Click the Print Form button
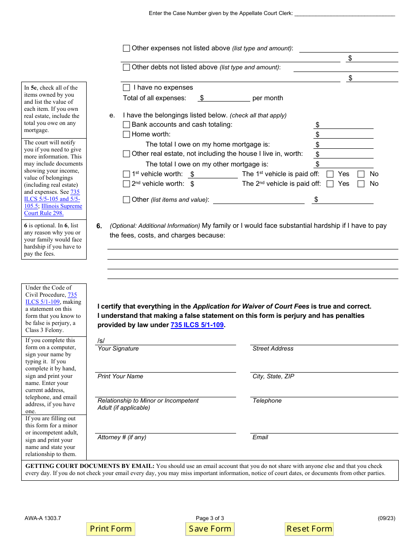tap(111, 529)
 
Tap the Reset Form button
tap(309, 529)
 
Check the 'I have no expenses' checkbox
tap(126, 87)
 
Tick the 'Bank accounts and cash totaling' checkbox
tap(126, 124)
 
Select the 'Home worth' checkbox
tap(126, 134)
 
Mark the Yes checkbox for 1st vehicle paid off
tap(330, 174)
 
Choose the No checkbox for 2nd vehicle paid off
tap(361, 184)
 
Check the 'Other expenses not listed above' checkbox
tap(126, 48)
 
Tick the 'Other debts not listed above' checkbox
tap(126, 67)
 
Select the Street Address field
tap(324, 340)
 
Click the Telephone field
tap(324, 392)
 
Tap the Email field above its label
tap(324, 429)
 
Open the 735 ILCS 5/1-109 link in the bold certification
tap(197, 325)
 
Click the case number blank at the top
tap(344, 13)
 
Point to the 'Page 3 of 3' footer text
tap(210, 518)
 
